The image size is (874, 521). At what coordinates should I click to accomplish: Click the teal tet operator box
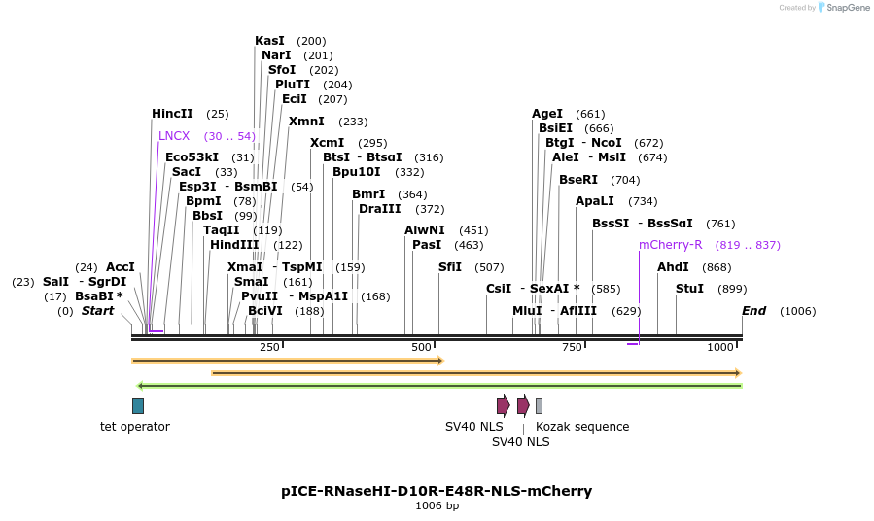click(x=138, y=405)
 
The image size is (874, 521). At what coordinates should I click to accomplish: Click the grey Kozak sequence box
click(x=539, y=405)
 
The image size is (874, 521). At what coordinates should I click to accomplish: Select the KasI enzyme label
click(x=269, y=41)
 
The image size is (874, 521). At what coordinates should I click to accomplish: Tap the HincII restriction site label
click(x=172, y=114)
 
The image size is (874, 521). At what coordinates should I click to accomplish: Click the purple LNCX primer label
click(x=174, y=136)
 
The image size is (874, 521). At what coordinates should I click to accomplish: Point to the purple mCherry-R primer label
click(x=670, y=245)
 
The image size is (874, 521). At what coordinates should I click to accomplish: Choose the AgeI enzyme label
click(x=547, y=114)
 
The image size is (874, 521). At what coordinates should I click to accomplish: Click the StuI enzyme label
click(x=689, y=289)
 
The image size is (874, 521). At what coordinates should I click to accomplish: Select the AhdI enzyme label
click(x=673, y=267)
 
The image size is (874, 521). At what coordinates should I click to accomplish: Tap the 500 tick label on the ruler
click(x=421, y=348)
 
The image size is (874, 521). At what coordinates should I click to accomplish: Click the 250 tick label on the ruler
click(x=269, y=348)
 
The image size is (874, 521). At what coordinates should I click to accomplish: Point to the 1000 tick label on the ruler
click(x=720, y=348)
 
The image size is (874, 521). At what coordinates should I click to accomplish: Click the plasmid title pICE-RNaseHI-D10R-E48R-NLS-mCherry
click(x=437, y=491)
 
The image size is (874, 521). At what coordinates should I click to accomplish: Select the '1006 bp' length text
click(x=437, y=505)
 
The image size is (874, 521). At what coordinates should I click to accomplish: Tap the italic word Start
click(x=97, y=311)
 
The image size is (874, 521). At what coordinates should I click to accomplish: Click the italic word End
click(x=753, y=311)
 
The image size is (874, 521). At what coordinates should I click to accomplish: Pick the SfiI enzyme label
click(x=450, y=267)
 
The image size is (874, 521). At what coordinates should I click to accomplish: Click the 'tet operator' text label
click(x=135, y=427)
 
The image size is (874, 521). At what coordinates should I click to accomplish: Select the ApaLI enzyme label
click(x=595, y=201)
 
